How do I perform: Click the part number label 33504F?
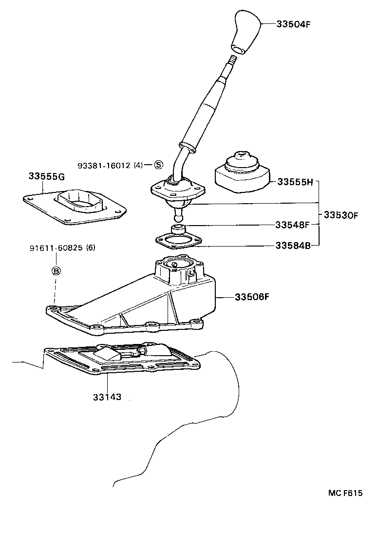point(293,24)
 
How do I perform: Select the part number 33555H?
point(295,182)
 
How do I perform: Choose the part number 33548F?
point(292,225)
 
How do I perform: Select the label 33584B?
point(293,246)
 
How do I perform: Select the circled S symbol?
point(159,165)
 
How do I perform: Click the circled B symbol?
point(56,271)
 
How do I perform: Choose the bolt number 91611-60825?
point(56,248)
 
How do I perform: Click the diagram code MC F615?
point(345,493)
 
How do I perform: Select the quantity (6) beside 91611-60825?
point(91,248)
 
